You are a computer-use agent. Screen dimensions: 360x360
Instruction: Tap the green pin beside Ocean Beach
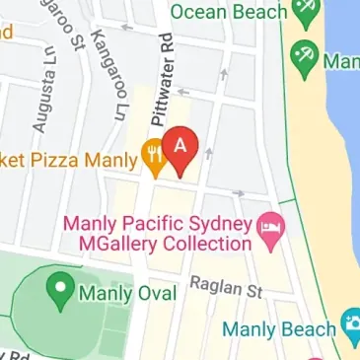(x=307, y=12)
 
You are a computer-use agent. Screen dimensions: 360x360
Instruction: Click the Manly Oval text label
(x=128, y=293)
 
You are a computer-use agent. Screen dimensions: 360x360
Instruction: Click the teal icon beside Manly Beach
(x=350, y=324)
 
